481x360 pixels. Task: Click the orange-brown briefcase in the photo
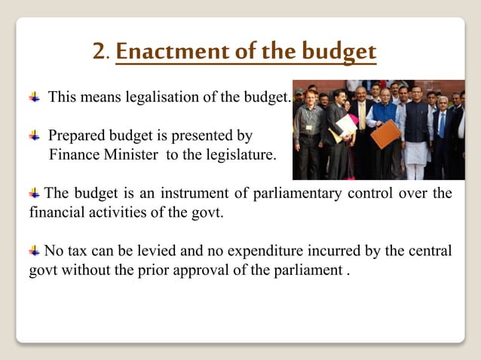pyautogui.click(x=385, y=134)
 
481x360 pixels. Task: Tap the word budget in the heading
pyautogui.click(x=338, y=52)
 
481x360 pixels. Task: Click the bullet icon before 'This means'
pyautogui.click(x=35, y=97)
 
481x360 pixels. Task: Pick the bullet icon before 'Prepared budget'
pyautogui.click(x=35, y=136)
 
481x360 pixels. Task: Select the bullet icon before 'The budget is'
pyautogui.click(x=35, y=194)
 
